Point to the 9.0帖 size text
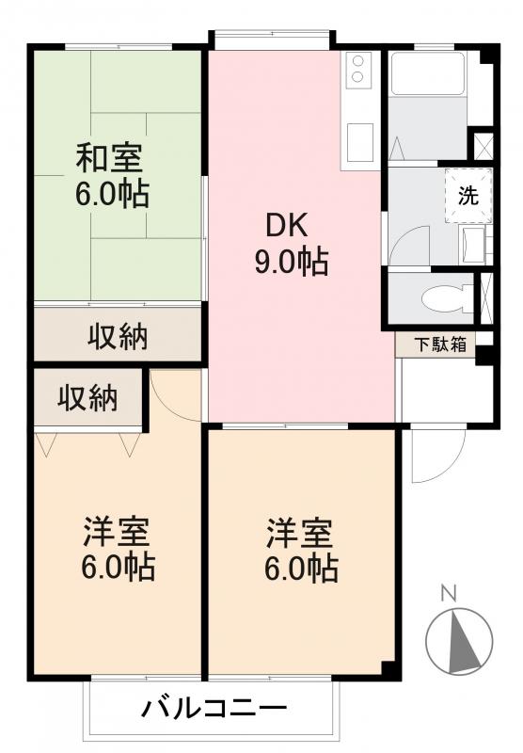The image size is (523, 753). (x=291, y=263)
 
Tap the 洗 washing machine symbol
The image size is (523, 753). (x=467, y=196)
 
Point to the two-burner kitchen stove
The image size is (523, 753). (x=359, y=70)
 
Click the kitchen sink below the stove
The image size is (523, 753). (x=359, y=141)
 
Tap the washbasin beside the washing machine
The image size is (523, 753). (x=473, y=246)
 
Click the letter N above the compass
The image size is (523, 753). (x=449, y=593)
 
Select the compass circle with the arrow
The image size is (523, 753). (x=458, y=643)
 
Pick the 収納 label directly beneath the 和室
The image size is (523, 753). (x=119, y=337)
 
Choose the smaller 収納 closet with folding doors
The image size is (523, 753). (x=88, y=399)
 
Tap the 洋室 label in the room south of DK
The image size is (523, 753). (x=298, y=534)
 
